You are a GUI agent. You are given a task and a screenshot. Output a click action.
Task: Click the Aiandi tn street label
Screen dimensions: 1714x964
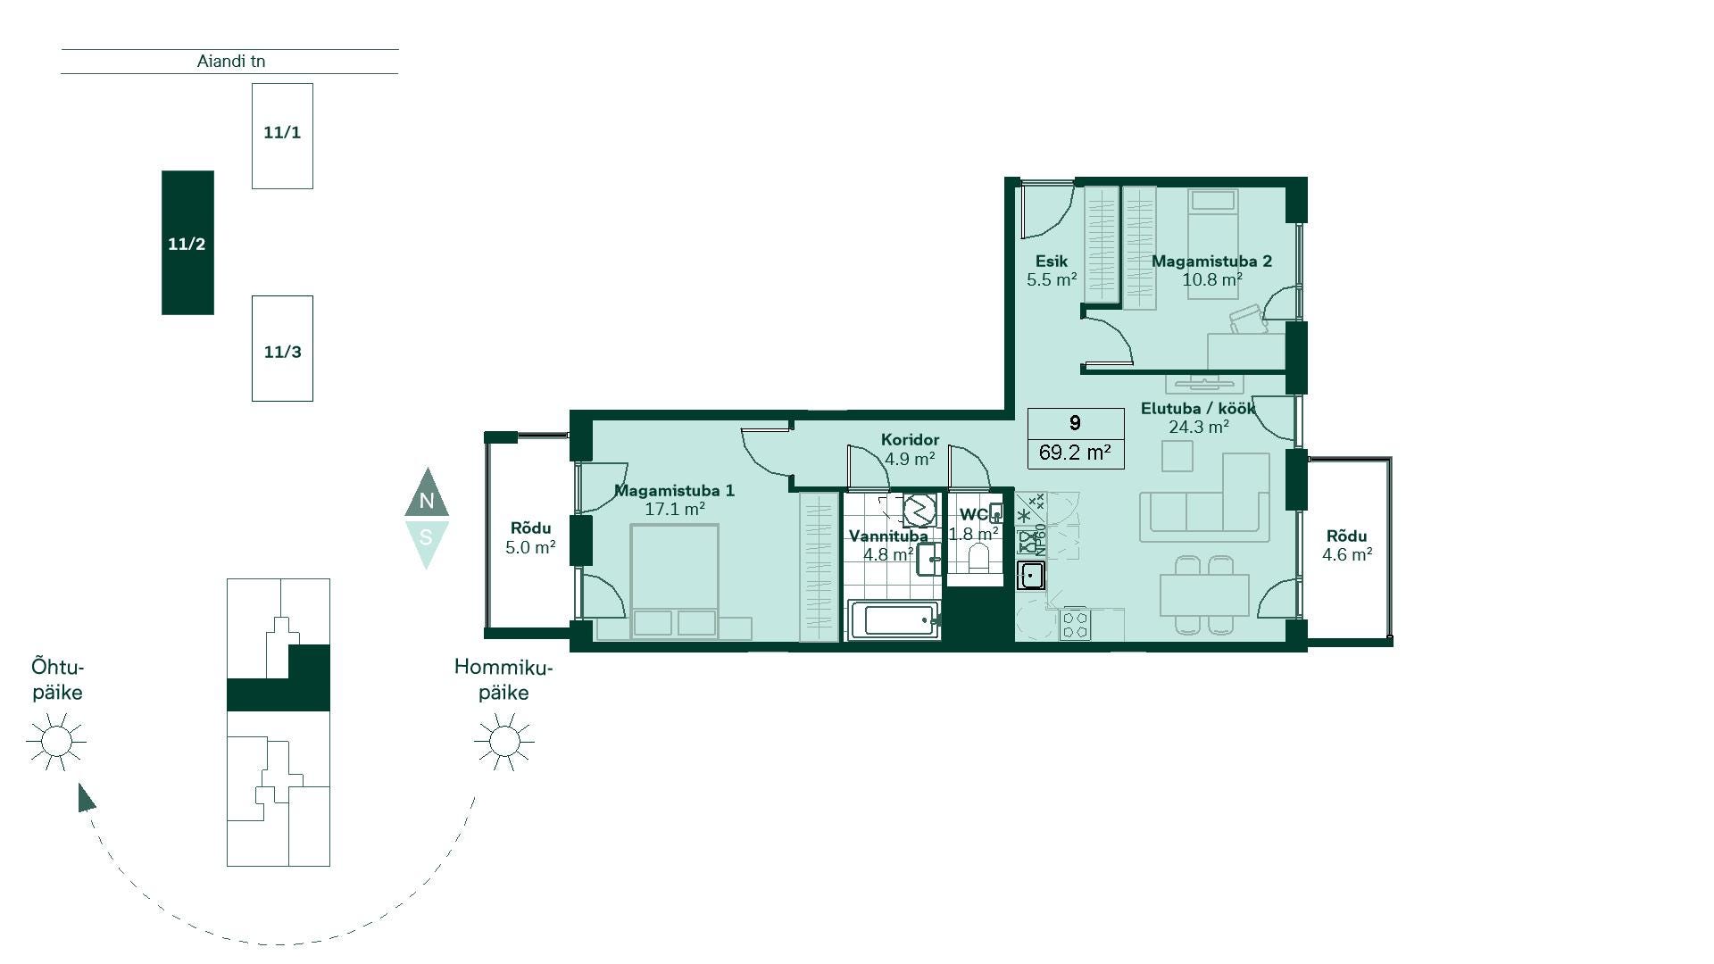(231, 62)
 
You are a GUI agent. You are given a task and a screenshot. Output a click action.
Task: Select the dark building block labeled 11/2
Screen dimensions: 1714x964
(187, 243)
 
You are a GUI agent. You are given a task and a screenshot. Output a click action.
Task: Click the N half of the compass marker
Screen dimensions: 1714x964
(427, 496)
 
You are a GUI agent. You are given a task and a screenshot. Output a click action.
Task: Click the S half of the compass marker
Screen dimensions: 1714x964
(427, 541)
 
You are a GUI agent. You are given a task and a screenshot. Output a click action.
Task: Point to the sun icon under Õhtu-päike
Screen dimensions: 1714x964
(56, 741)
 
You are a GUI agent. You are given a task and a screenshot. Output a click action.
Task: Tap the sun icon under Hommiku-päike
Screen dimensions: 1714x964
(504, 741)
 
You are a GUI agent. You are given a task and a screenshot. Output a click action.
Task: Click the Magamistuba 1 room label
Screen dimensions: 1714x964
(674, 490)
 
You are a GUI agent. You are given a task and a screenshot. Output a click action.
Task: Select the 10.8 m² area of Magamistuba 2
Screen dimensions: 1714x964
(1212, 279)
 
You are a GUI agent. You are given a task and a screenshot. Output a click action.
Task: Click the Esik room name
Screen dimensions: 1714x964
(1052, 262)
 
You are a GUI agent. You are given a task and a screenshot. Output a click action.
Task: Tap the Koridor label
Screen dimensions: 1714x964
(910, 439)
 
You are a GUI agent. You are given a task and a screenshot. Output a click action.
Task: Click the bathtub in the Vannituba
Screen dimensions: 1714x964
(895, 619)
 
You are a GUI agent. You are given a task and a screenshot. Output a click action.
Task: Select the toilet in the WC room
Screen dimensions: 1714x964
(978, 559)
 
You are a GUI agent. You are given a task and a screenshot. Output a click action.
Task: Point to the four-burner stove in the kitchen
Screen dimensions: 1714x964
(1075, 624)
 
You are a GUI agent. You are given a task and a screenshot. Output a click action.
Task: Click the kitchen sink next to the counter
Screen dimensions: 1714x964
(1031, 576)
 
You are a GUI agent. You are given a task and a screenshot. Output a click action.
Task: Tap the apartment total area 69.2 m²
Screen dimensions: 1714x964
(1075, 453)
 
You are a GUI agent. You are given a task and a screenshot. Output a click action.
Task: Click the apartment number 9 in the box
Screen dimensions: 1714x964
(1075, 423)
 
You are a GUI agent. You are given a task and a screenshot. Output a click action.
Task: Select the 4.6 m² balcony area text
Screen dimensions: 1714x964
(1347, 554)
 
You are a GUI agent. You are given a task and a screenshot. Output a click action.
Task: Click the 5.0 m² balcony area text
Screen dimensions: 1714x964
(530, 547)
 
